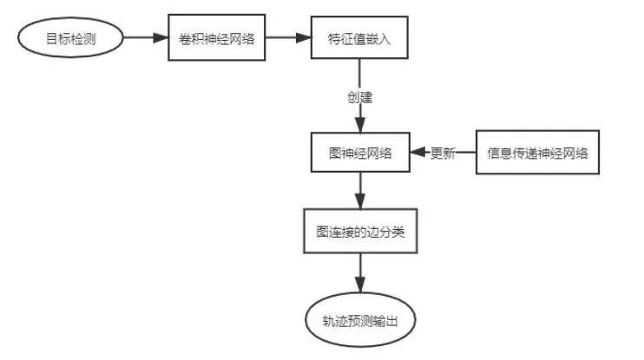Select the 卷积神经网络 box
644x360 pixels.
tap(216, 38)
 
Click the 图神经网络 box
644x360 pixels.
tap(359, 154)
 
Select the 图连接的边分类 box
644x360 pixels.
tap(359, 232)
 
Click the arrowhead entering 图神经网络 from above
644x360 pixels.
tap(359, 124)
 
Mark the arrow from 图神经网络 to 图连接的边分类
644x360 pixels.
tap(359, 191)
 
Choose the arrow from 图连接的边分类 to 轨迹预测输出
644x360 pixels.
tap(359, 276)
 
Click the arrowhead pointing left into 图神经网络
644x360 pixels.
tap(416, 154)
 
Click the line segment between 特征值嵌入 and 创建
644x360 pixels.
tap(359, 73)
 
